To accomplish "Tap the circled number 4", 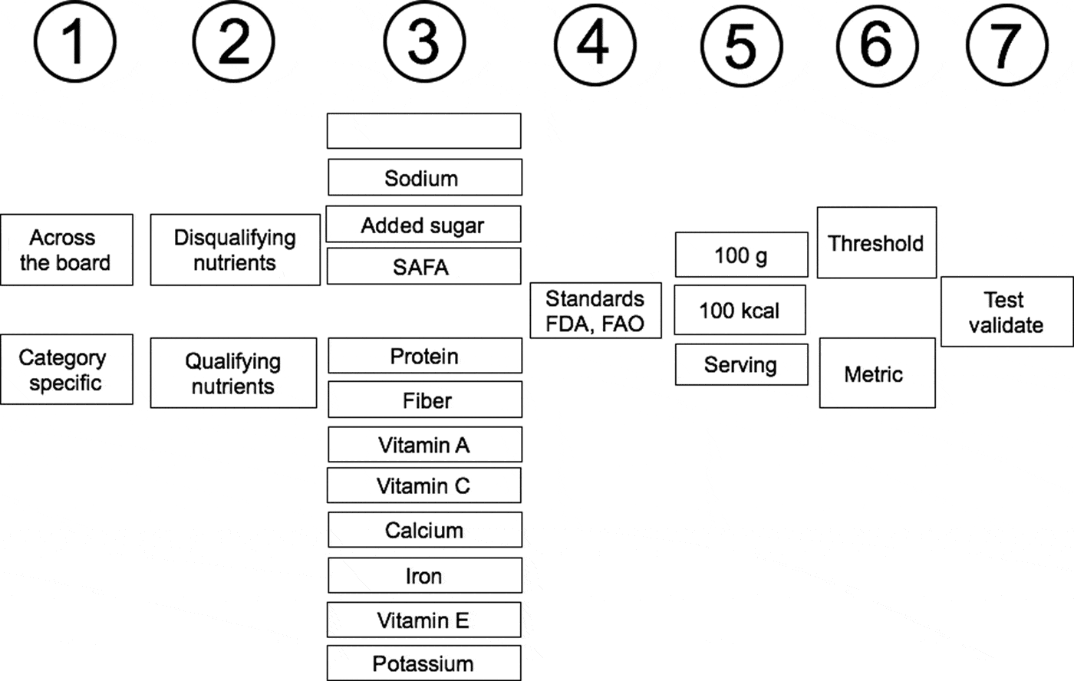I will [595, 43].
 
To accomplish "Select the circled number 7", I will [1005, 44].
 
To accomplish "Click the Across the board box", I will [66, 250].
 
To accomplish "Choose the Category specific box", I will [66, 370].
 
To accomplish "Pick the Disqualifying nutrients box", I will [235, 250].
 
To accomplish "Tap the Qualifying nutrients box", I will [233, 373].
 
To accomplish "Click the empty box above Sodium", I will [423, 131].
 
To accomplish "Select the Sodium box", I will [424, 178].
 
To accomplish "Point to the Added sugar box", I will [423, 225].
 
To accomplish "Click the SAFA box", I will [423, 267].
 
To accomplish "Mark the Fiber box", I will [425, 400].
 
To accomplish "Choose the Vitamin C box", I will [423, 485].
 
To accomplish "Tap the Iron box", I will [424, 575].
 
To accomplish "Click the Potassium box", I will [423, 663].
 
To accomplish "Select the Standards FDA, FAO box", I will [595, 311].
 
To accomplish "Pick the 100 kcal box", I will [740, 310].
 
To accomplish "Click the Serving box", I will [741, 364].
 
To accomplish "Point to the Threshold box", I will [876, 243].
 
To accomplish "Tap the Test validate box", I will [1006, 311].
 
